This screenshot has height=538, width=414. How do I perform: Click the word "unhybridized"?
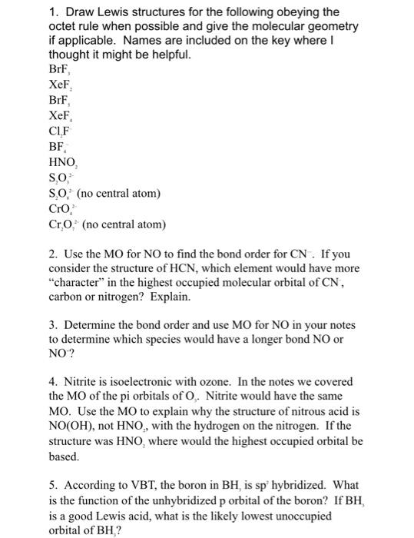[172, 502]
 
